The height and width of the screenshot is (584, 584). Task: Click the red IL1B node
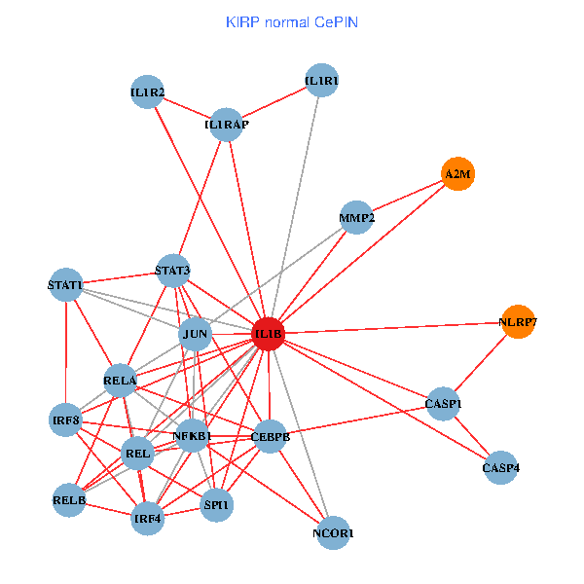point(268,334)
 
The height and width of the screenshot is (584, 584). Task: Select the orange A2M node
point(457,174)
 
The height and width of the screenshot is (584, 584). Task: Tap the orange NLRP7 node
point(519,321)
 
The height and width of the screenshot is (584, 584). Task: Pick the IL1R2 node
point(147,92)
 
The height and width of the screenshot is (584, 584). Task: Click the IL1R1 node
point(321,81)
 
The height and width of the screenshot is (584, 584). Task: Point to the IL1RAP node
point(226,125)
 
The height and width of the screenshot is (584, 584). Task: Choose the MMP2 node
point(357,218)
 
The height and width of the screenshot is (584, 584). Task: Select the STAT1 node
point(65,285)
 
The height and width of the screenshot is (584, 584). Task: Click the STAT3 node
point(172,271)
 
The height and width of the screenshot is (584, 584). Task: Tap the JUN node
point(196,335)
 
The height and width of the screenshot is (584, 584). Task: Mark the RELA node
point(120,380)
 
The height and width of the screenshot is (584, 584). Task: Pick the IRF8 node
point(65,420)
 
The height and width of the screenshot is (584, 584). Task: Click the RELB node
point(69,500)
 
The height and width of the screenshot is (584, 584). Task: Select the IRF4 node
point(148,518)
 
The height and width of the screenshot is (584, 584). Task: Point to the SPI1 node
point(216,504)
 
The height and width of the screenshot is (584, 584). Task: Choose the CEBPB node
point(270,437)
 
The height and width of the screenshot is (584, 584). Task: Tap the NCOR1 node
point(333,532)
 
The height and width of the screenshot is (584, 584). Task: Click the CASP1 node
point(444,403)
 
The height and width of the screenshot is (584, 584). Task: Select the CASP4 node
point(500,468)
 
